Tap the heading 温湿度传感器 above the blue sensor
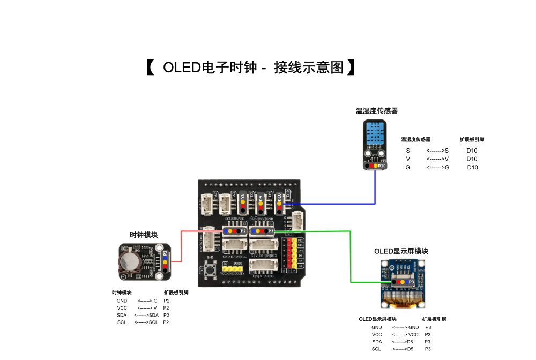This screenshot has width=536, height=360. click(377, 111)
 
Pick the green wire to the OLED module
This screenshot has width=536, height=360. click(322, 231)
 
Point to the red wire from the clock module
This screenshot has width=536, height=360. click(181, 246)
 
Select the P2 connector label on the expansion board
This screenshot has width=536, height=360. click(243, 231)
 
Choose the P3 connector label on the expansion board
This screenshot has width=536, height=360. click(271, 231)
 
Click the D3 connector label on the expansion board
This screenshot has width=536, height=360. click(243, 198)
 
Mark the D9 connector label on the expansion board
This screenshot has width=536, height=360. click(261, 199)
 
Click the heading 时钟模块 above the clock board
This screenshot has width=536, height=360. click(144, 235)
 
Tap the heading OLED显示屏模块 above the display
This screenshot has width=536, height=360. click(401, 251)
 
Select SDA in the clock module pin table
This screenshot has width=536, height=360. click(122, 315)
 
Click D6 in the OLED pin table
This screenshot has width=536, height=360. click(410, 341)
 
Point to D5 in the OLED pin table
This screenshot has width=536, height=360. click(410, 349)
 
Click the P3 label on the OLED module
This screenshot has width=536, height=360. click(412, 281)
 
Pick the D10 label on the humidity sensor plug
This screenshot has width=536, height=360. click(382, 166)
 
